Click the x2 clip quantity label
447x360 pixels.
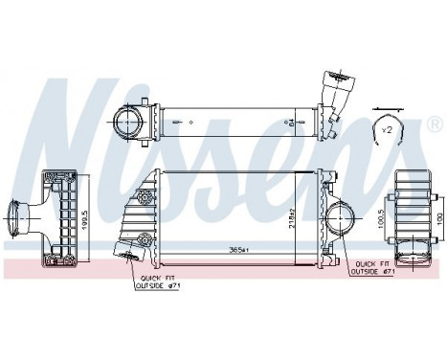[387, 128]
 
